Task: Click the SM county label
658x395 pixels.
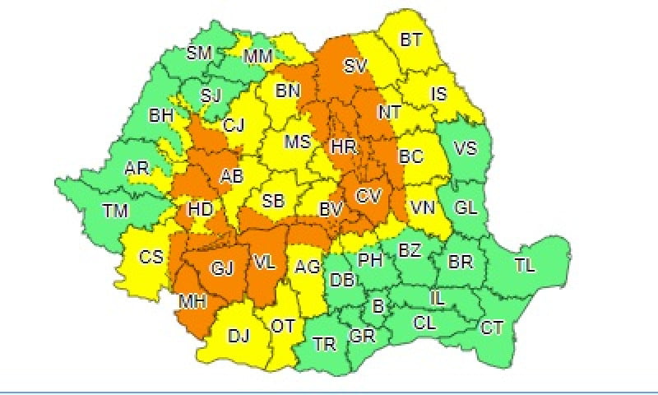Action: click(x=199, y=53)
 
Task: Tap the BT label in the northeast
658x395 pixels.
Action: click(x=412, y=39)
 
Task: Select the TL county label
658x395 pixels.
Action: click(x=524, y=265)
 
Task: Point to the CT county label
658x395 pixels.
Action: click(x=492, y=328)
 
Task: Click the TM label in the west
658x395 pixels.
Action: click(x=116, y=211)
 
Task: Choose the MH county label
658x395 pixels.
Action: click(x=192, y=301)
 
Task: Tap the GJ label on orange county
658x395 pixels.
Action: click(x=223, y=268)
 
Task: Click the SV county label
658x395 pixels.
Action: click(x=355, y=65)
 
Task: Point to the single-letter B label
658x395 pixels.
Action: click(x=378, y=307)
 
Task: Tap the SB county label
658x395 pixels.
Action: click(x=274, y=200)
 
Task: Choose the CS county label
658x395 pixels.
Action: click(x=151, y=257)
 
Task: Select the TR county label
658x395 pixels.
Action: click(x=323, y=345)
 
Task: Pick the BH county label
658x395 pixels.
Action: click(x=160, y=117)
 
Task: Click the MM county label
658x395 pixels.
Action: click(x=260, y=56)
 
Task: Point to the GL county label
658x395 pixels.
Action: click(x=466, y=207)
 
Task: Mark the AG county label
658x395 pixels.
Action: click(x=307, y=266)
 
